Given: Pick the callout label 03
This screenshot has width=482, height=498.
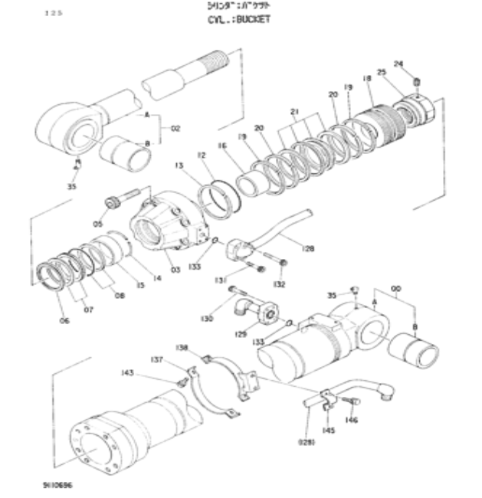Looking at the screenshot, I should [175, 270].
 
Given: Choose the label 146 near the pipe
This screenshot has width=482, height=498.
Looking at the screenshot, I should [351, 419].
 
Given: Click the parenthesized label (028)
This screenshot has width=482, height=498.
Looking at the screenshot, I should [307, 442].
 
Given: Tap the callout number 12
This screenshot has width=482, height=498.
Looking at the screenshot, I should [202, 156].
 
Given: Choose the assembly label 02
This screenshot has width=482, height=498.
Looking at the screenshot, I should [175, 129].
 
